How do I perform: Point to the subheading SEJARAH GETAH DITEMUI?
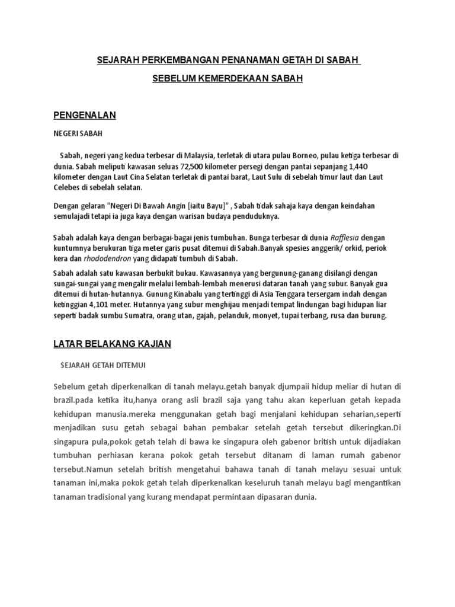[x=104, y=365]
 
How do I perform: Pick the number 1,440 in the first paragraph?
[x=390, y=167]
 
